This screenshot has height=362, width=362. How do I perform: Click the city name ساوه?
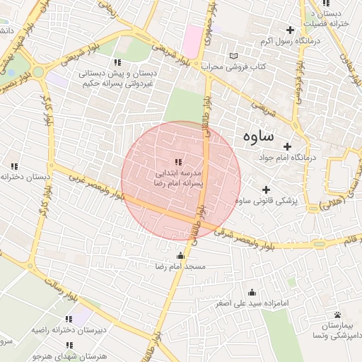(258, 136)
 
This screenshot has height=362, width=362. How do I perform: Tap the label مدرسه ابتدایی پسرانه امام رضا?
(178, 177)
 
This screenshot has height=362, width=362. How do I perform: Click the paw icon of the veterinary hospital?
(337, 315)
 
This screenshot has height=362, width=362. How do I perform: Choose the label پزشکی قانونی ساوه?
(266, 202)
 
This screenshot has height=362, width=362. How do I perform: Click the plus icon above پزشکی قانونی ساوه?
(266, 189)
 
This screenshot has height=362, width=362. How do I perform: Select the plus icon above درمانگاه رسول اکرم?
(289, 30)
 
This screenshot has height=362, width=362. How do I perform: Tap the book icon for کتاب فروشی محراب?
(234, 56)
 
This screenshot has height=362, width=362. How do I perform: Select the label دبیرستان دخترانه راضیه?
(69, 330)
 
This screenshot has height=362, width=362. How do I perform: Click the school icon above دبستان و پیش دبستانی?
(118, 62)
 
